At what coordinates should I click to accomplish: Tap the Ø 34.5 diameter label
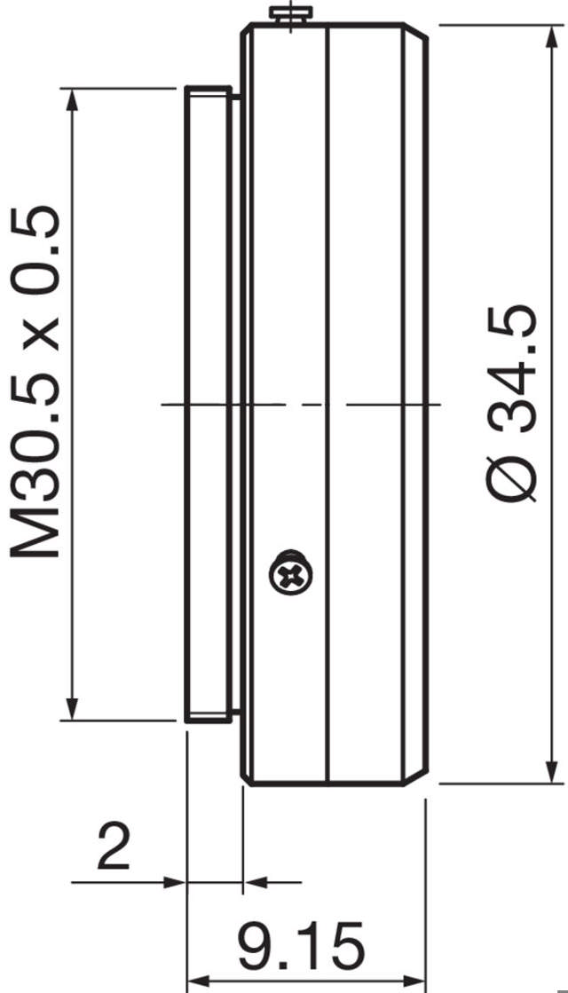click(x=513, y=404)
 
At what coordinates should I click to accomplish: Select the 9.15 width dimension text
click(x=301, y=944)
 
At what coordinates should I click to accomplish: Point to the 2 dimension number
click(x=114, y=847)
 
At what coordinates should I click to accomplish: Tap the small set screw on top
click(x=292, y=13)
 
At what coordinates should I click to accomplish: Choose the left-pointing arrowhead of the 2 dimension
click(x=254, y=882)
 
